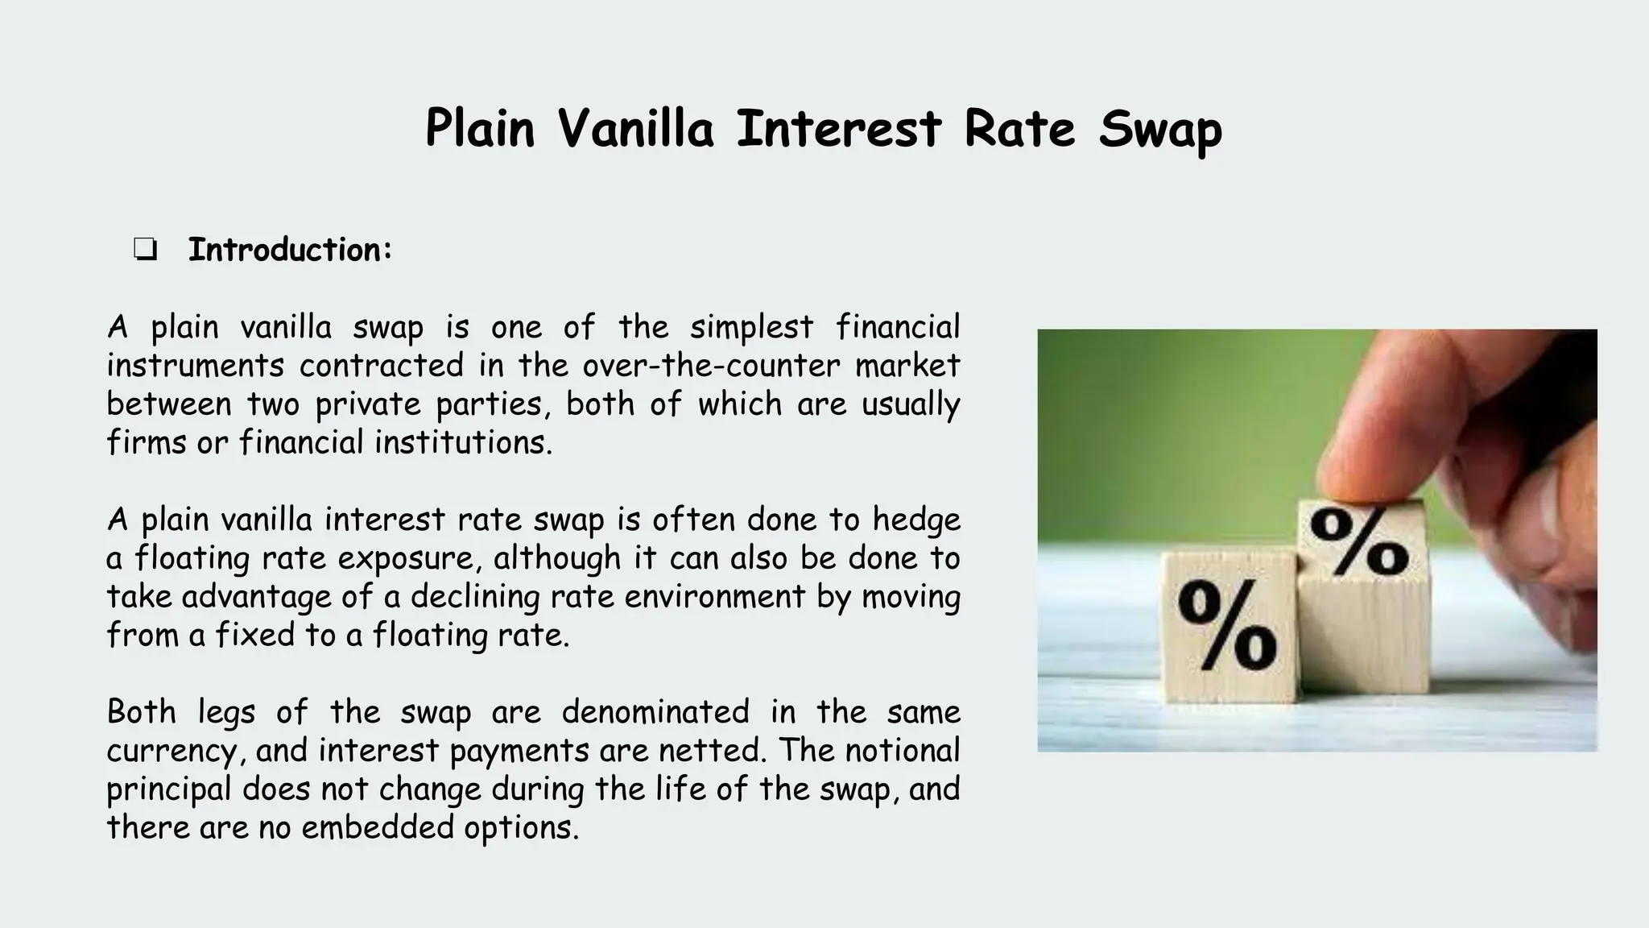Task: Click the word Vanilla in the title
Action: tap(635, 129)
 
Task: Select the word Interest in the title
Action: tap(839, 129)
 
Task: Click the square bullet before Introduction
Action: tap(145, 251)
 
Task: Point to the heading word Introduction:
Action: tap(290, 250)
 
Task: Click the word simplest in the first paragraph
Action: tap(751, 328)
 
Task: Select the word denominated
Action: tap(655, 713)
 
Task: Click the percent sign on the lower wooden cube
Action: tap(1226, 626)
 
